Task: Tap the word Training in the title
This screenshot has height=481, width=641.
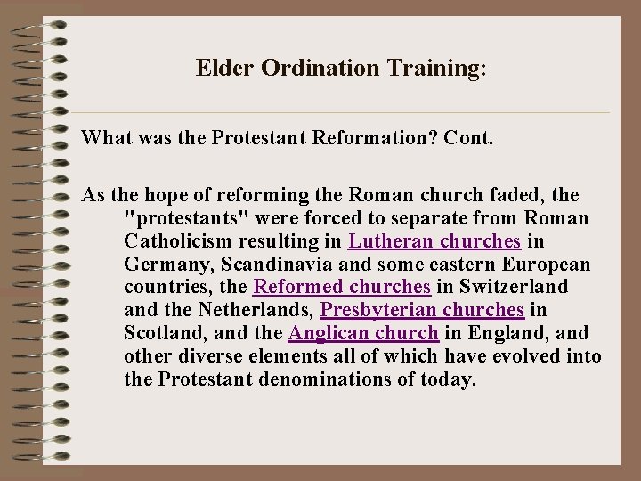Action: click(428, 69)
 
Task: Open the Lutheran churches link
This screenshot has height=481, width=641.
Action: click(434, 241)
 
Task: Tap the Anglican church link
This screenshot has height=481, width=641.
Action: click(363, 334)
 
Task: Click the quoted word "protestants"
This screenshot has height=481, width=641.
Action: click(177, 218)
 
